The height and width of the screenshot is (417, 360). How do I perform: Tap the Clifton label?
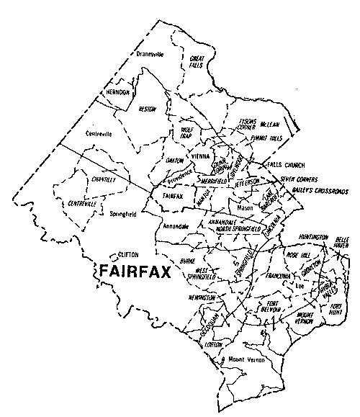tap(127, 254)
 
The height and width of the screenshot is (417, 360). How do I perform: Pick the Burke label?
tap(188, 262)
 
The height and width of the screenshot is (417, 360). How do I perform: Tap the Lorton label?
tap(214, 345)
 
